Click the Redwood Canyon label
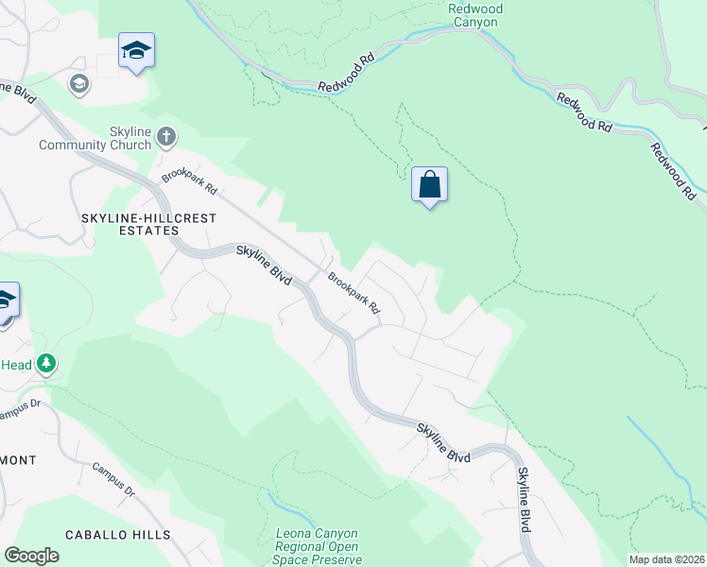(474, 15)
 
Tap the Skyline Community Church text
(95, 138)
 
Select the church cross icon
(165, 137)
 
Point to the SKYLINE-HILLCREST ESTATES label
(148, 224)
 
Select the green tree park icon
(46, 365)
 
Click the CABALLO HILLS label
(118, 535)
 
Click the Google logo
(31, 556)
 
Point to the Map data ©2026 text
(666, 559)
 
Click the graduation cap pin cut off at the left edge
(6, 301)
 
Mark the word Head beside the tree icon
(17, 365)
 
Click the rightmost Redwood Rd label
(675, 170)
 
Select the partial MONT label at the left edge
(18, 460)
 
